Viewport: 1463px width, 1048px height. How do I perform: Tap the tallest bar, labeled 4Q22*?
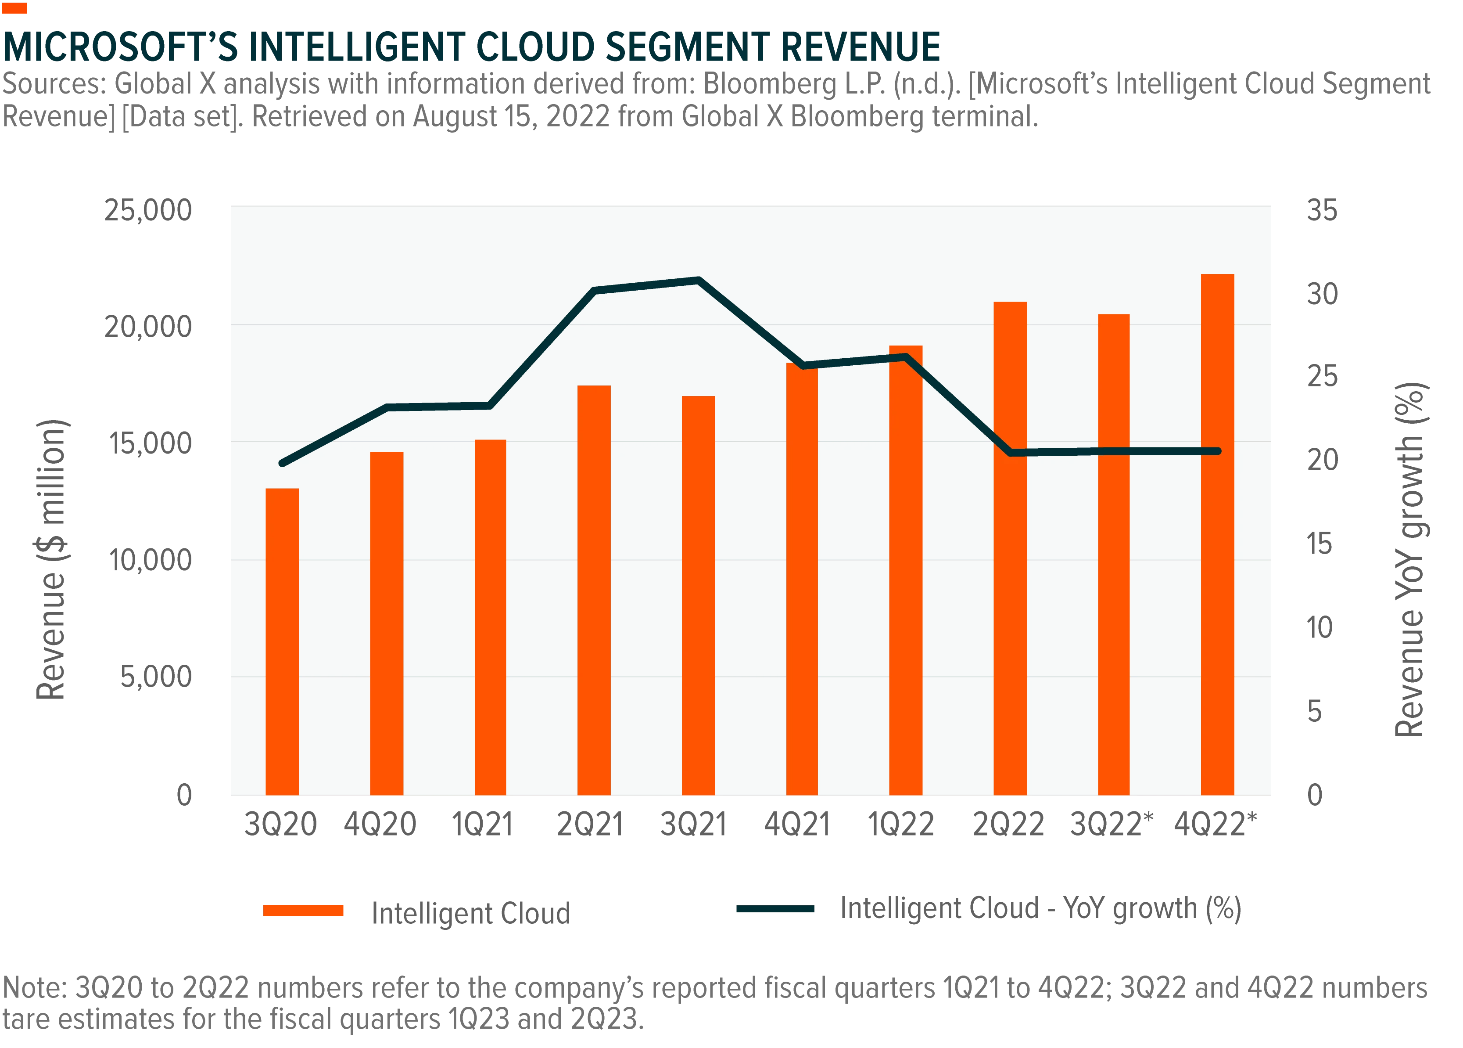(x=1217, y=534)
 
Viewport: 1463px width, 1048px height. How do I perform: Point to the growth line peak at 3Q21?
(x=699, y=280)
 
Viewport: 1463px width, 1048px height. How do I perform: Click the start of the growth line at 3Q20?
(x=282, y=463)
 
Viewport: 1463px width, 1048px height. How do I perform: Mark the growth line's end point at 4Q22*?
(x=1218, y=451)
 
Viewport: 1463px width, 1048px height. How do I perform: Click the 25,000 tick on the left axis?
(x=148, y=210)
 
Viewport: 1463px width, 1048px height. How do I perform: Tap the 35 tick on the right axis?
(x=1322, y=210)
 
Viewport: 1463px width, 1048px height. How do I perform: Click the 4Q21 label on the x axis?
(x=796, y=824)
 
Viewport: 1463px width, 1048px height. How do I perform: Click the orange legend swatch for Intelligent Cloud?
(x=303, y=911)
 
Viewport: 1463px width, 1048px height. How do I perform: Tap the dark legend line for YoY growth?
(x=775, y=909)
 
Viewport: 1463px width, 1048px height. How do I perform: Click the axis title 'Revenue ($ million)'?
(x=51, y=559)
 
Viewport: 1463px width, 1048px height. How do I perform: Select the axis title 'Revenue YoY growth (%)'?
(x=1411, y=559)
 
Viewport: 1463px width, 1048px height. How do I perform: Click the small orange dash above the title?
(x=14, y=8)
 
